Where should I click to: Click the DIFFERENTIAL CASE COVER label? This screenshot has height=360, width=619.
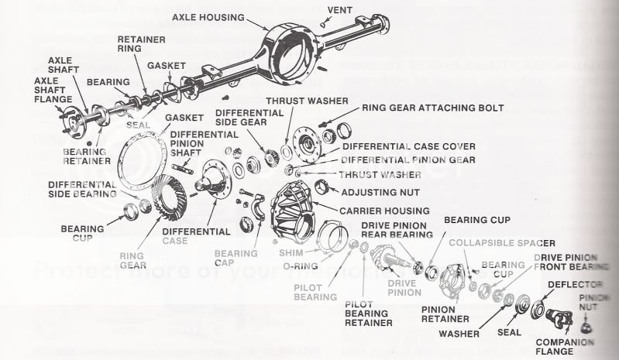click(408, 146)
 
